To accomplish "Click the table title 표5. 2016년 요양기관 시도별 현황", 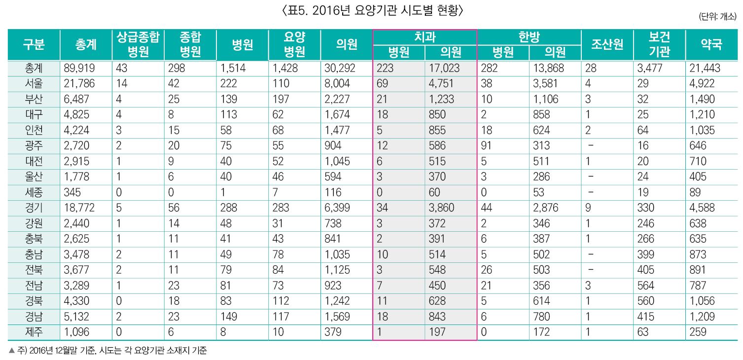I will pos(371,10).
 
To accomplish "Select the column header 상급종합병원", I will pos(138,44).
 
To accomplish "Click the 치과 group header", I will pos(425,37).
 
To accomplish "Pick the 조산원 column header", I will pos(607,44).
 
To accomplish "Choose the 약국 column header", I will pos(711,44).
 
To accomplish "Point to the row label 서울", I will pos(34,84).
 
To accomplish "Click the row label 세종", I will pos(34,192).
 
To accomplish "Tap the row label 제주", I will pos(34,332).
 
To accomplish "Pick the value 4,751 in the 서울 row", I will pos(441,84).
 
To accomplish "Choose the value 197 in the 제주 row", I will pos(437,332).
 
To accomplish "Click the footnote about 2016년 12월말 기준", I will pos(108,351).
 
